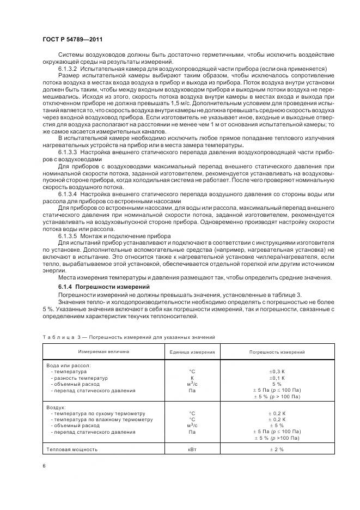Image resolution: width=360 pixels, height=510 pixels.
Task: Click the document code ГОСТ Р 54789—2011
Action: click(x=73, y=40)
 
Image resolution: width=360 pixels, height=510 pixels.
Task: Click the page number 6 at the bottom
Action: click(x=44, y=466)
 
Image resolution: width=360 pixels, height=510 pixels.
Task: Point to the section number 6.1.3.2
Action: click(x=68, y=68)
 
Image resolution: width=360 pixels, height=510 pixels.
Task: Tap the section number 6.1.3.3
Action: click(x=68, y=153)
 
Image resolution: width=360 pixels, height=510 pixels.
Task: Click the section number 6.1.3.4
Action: click(x=68, y=193)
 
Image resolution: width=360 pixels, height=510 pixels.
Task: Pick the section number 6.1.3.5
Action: click(x=68, y=235)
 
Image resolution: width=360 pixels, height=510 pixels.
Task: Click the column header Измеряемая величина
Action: click(x=103, y=352)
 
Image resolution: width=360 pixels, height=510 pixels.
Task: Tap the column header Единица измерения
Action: click(x=192, y=353)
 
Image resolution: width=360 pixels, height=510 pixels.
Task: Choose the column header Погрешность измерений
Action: click(x=277, y=353)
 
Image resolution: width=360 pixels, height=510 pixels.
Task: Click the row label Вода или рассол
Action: click(x=69, y=365)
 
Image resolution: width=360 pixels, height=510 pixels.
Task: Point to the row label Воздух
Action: click(x=56, y=406)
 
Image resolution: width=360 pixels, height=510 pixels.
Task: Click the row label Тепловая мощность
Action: click(x=72, y=450)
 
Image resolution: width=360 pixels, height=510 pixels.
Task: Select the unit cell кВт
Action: click(x=192, y=450)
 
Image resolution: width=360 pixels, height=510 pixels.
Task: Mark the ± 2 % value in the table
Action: click(x=277, y=450)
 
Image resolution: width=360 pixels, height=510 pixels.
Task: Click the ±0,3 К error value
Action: click(x=277, y=371)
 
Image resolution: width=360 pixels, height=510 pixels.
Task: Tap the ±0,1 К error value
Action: click(x=277, y=378)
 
